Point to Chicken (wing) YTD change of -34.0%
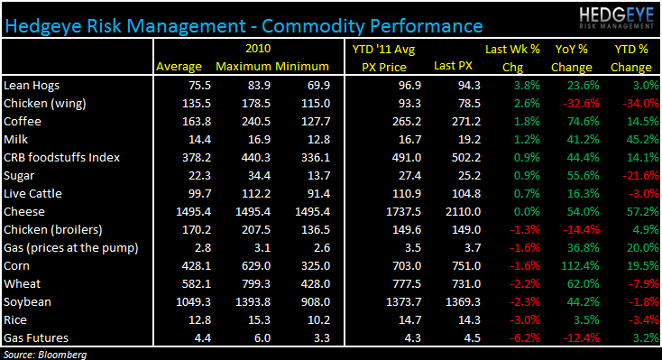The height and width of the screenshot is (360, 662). [x=630, y=103]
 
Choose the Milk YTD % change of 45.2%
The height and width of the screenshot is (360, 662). [x=631, y=139]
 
